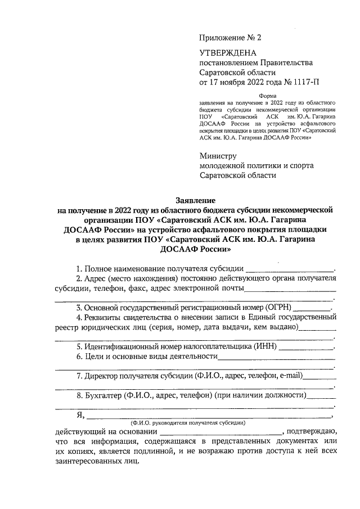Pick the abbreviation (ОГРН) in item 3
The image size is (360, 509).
pyautogui.click(x=274, y=308)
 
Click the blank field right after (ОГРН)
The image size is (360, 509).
pyautogui.click(x=312, y=308)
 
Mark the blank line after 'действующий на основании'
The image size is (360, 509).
pyautogui.click(x=218, y=431)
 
